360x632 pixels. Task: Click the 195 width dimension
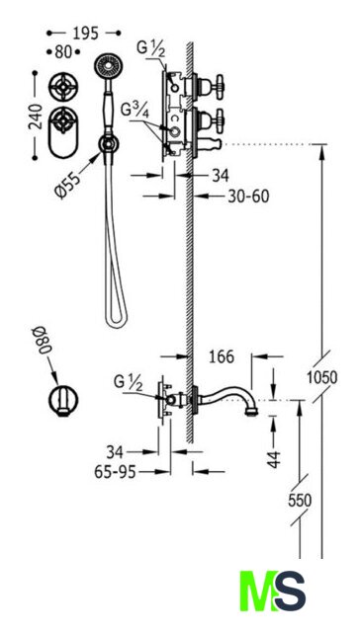(86, 34)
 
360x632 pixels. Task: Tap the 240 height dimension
(36, 117)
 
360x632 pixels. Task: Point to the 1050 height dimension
(321, 377)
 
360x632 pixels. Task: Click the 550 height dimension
(300, 501)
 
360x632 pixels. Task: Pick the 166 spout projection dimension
(222, 356)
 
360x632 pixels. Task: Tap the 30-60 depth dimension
(248, 197)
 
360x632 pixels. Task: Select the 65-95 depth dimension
(115, 472)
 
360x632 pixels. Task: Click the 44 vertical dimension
(274, 459)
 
